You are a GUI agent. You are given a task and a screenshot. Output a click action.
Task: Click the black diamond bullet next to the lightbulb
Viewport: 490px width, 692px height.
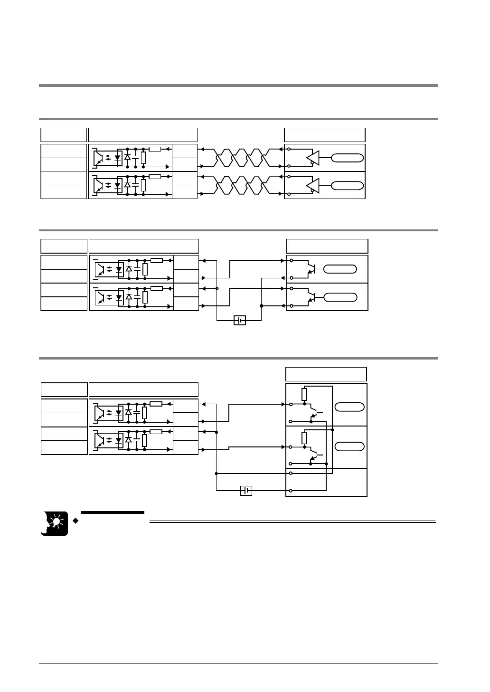75,521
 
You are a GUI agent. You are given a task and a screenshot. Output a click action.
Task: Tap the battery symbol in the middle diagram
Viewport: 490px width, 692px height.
240,321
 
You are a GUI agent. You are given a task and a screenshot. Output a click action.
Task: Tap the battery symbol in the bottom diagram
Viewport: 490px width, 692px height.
246,491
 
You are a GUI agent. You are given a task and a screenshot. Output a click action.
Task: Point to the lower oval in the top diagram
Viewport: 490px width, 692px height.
347,185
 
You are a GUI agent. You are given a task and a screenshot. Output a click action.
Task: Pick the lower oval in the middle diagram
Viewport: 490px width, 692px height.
340,297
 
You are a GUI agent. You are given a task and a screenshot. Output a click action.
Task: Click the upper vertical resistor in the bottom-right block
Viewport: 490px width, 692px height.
304,395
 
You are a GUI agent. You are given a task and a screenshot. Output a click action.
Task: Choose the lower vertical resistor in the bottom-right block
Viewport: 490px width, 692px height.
304,438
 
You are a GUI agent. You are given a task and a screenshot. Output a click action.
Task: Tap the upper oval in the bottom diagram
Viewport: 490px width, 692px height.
350,407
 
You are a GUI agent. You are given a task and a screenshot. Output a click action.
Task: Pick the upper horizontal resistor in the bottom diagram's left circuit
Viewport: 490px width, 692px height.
156,404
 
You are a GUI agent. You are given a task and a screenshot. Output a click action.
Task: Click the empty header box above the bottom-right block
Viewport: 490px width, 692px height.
326,374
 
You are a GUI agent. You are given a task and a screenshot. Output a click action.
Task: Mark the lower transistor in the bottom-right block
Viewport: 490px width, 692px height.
313,453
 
